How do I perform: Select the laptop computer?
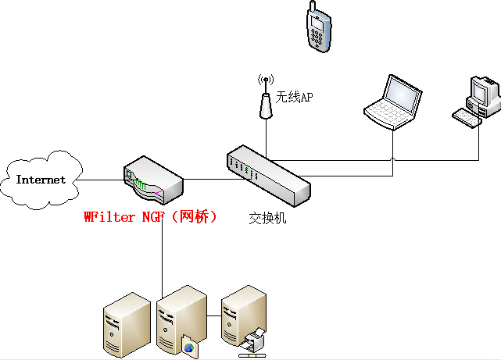(x=392, y=103)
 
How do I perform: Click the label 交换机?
(x=267, y=218)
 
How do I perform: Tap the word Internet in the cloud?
(x=41, y=180)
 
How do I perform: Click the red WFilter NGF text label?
(x=149, y=217)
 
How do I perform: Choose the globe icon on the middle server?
(x=188, y=345)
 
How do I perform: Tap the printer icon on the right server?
(x=254, y=340)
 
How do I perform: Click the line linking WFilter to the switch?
(x=207, y=180)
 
